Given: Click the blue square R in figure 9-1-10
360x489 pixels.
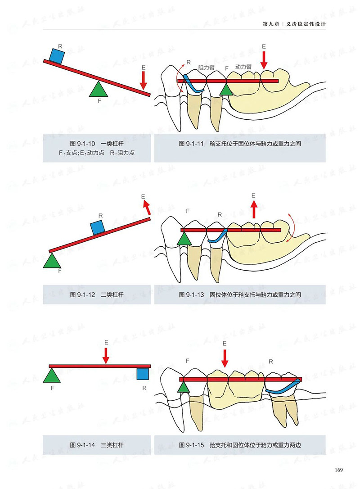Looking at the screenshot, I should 57,55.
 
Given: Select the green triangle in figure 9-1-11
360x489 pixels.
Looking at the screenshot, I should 227,90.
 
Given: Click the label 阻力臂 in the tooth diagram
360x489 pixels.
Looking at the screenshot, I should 206,67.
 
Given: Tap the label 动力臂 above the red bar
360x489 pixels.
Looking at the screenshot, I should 243,66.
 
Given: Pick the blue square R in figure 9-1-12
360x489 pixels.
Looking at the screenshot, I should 97,227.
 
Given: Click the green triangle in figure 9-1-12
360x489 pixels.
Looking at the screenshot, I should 53,262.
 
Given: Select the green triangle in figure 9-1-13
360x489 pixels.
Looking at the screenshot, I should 184,238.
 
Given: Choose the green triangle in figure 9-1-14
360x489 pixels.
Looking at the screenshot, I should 52,376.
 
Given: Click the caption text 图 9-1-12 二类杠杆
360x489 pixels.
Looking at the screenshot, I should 97,295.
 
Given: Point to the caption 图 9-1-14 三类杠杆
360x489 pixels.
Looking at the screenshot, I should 97,445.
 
